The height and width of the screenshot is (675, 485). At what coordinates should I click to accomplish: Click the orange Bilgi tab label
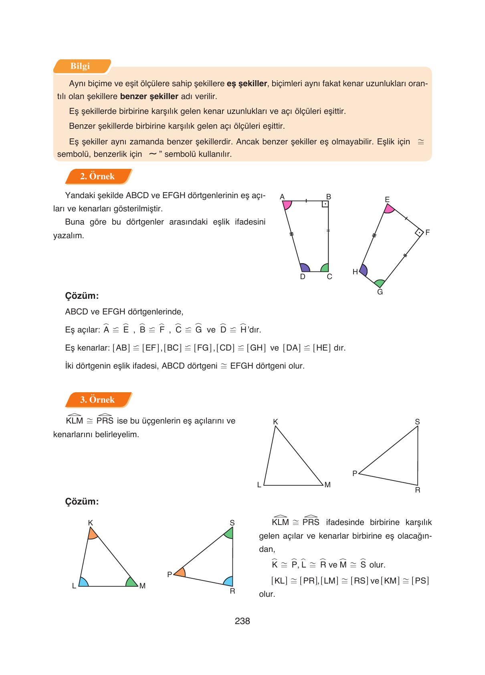pos(81,66)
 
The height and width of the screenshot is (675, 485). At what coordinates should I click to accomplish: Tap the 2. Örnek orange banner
pos(97,176)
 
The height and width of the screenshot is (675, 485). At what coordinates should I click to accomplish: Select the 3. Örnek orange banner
pos(97,399)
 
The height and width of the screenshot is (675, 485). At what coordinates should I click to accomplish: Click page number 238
pos(242,621)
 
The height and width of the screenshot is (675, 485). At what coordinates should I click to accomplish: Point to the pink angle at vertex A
pos(287,205)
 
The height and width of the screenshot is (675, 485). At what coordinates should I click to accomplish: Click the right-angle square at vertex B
pos(325,204)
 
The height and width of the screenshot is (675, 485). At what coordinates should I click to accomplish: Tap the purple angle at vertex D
pos(305,268)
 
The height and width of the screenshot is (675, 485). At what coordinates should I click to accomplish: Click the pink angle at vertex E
pos(388,209)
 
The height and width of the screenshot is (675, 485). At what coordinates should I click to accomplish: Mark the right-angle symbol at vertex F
pos(419,233)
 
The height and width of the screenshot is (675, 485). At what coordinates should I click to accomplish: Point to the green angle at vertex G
pos(379,284)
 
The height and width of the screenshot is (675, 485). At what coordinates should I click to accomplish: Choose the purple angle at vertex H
pos(364,270)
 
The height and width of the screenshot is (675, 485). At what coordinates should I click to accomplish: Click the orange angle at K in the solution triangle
pos(92,534)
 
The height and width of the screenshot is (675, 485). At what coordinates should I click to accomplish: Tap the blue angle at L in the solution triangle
pos(83,582)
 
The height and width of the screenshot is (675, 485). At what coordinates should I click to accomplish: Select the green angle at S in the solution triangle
pos(229,533)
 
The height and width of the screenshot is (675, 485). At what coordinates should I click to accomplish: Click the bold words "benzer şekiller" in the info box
pos(149,97)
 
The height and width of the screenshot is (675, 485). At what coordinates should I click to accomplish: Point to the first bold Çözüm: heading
pos(82,296)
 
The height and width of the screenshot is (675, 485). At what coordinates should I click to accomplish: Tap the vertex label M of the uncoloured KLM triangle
pos(327,485)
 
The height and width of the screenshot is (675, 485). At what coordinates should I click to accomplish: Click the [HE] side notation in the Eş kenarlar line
pos(322,348)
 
